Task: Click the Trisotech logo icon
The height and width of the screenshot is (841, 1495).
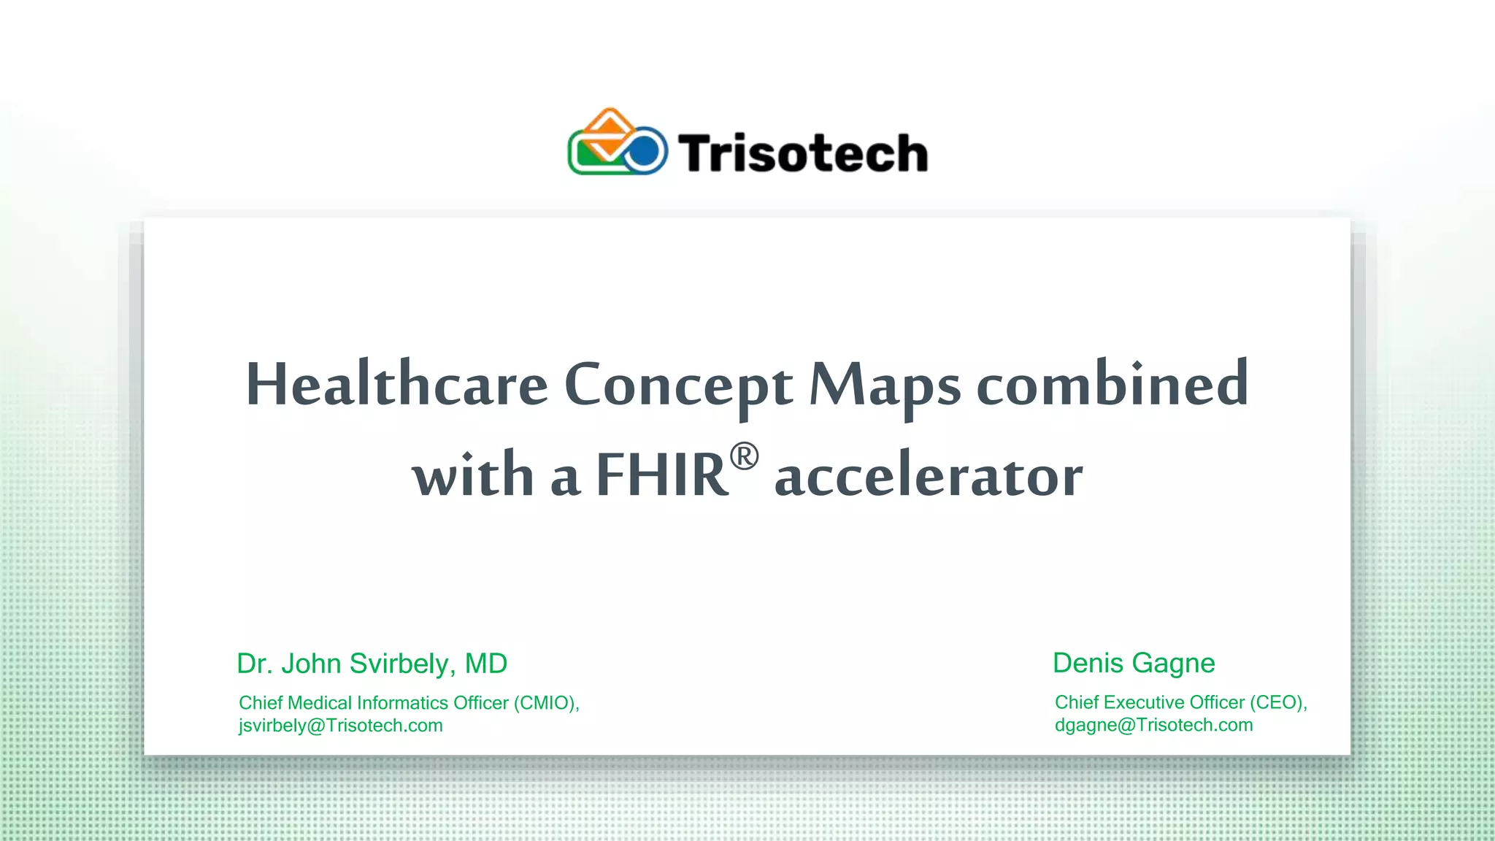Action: pos(618,143)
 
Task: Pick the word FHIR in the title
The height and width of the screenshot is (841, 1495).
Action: pos(661,475)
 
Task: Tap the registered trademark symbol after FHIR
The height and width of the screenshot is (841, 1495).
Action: pos(744,457)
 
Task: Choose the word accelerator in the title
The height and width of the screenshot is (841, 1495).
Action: pos(929,476)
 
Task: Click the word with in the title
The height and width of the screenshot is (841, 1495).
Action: pos(473,475)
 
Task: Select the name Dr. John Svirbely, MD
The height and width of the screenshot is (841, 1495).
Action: pos(372,664)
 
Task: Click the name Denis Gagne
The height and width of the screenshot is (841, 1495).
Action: pos(1134,663)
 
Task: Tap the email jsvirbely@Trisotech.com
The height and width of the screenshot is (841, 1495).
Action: pos(340,726)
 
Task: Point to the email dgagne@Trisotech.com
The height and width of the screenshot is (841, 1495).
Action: pos(1153,725)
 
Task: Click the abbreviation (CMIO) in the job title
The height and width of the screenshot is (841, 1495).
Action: pos(546,703)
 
